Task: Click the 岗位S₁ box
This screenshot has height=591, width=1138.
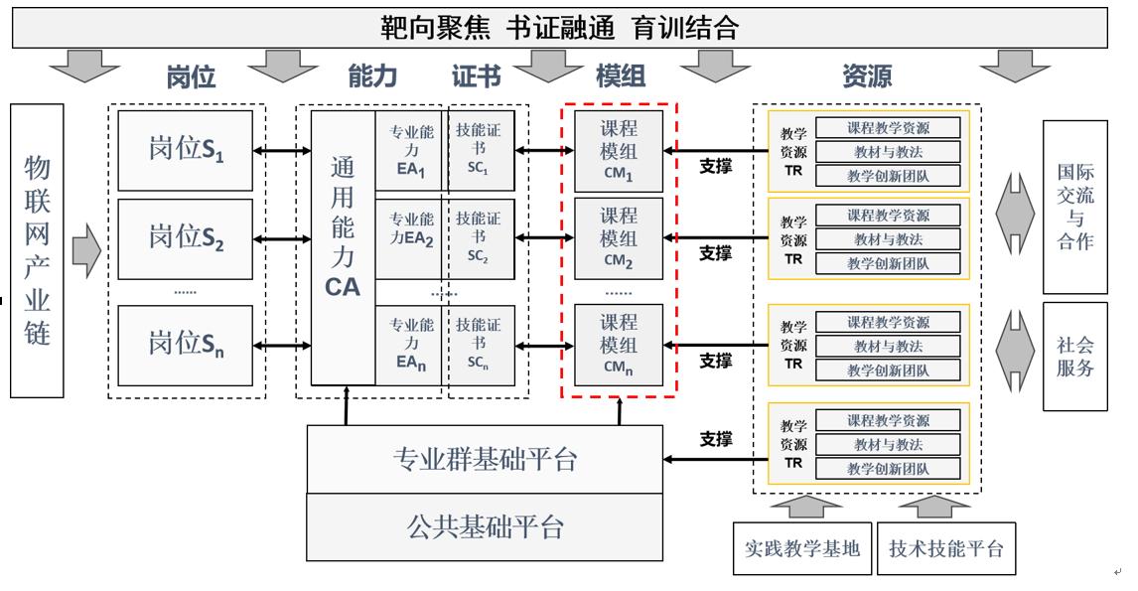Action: click(185, 150)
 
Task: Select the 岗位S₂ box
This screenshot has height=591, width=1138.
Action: click(185, 237)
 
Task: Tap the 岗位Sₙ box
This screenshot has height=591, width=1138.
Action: click(185, 345)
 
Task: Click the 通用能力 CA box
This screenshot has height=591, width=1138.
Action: click(343, 247)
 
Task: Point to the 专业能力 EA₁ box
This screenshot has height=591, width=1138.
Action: click(410, 151)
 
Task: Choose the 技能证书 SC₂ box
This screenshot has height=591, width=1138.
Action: click(479, 238)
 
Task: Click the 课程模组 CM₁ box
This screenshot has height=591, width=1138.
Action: click(618, 151)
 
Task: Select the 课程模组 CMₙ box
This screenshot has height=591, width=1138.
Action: click(618, 345)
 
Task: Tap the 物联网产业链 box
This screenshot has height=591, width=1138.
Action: click(37, 250)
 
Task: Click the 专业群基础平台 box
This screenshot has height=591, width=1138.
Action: click(485, 459)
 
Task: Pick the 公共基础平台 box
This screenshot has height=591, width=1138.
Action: click(485, 526)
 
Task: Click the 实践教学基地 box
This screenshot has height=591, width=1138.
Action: click(802, 548)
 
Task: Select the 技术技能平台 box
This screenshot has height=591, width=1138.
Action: click(946, 548)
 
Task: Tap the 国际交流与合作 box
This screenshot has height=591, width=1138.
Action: click(1074, 207)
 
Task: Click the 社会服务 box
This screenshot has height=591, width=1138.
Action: click(1074, 357)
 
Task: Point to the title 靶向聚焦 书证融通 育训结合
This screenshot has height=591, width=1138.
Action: click(559, 28)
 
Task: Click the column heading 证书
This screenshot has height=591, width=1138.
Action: click(477, 76)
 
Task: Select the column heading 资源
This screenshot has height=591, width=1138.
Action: click(866, 76)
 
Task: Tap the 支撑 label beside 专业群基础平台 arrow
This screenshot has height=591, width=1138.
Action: click(715, 438)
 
